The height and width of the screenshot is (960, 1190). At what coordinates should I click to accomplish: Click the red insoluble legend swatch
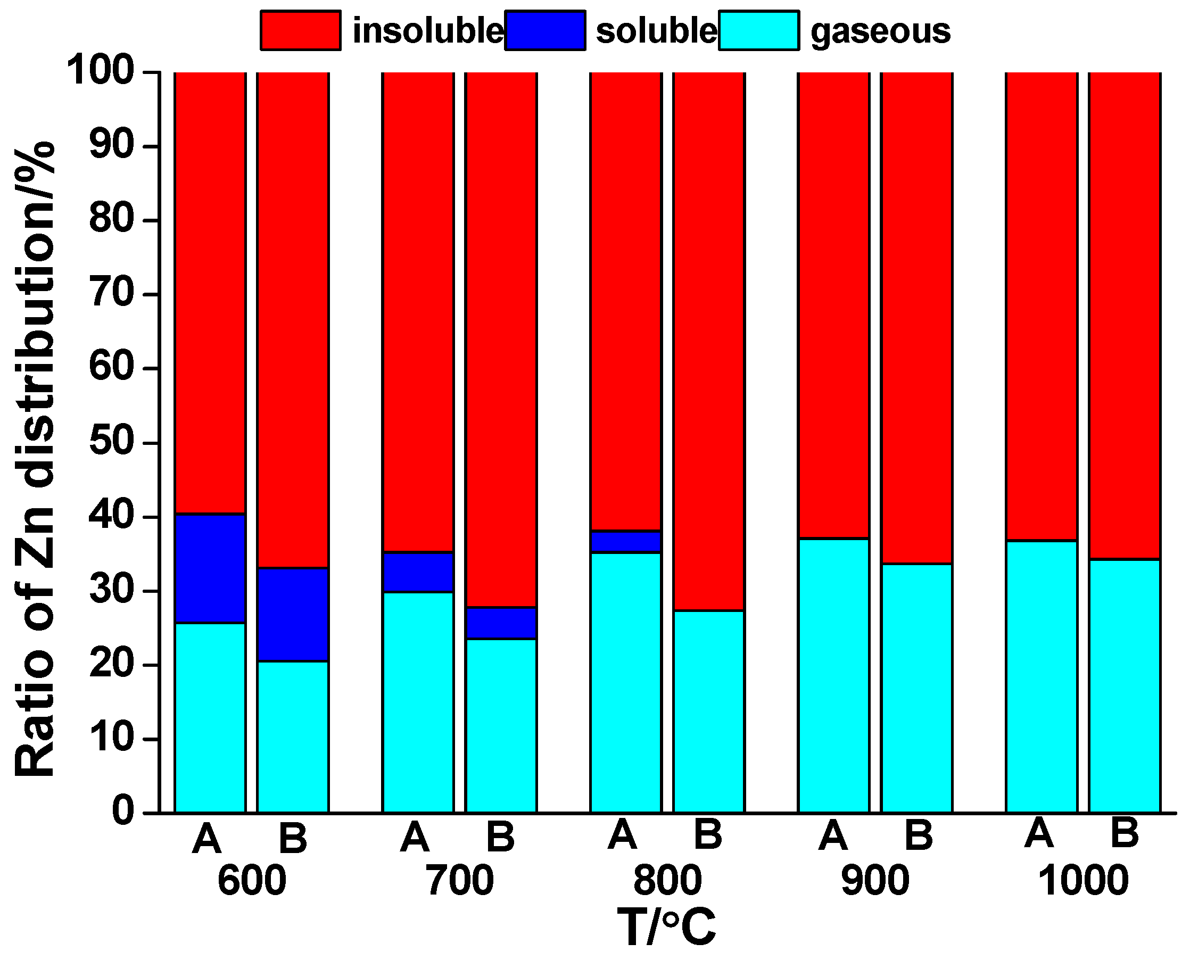click(300, 30)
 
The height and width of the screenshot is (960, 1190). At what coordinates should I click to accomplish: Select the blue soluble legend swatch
click(544, 30)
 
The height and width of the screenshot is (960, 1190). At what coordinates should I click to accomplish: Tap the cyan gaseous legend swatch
click(759, 30)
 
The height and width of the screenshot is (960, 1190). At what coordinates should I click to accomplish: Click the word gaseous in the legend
click(880, 31)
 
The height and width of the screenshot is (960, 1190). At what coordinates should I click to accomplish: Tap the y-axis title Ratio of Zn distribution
click(34, 459)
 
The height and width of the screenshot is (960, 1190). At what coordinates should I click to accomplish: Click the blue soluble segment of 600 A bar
click(210, 568)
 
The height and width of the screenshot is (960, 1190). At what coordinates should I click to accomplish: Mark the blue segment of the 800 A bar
click(625, 541)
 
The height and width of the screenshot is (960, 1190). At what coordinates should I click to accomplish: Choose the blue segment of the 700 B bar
click(501, 623)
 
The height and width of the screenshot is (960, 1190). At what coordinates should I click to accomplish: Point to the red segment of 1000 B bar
click(1124, 315)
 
